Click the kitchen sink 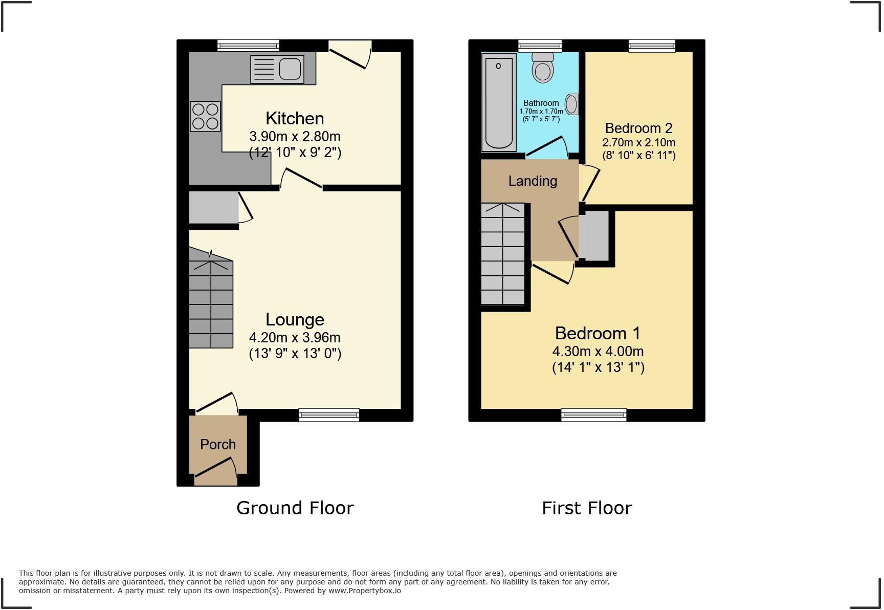(277, 70)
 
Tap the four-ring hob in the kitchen (206, 116)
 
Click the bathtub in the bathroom (498, 102)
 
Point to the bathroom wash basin (572, 104)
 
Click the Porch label (218, 444)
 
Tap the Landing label (533, 181)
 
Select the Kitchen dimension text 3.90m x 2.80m (295, 137)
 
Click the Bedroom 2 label (638, 128)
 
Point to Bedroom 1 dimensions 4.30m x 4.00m (598, 352)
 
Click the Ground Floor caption (295, 508)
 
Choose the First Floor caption (587, 508)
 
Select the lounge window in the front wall (329, 415)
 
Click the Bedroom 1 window (593, 415)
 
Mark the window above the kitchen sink (248, 46)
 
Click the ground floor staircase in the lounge (211, 302)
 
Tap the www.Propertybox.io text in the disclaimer (365, 591)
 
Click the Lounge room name (295, 319)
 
